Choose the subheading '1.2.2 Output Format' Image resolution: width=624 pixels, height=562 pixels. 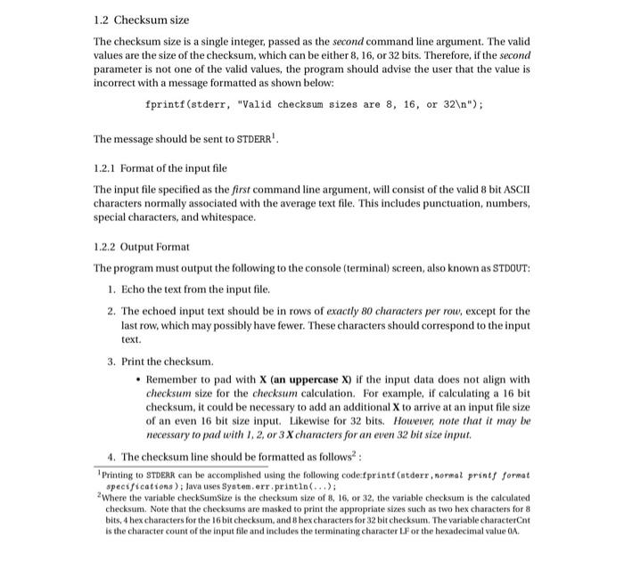coord(142,246)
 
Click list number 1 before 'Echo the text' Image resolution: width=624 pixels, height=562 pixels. coord(110,289)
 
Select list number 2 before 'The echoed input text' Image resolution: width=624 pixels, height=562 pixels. coord(110,311)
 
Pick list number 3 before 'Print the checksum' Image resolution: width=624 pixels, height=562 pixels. coord(110,362)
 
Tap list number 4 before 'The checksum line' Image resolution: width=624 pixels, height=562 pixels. coord(110,455)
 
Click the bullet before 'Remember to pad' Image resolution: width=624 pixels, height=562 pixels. coord(135,379)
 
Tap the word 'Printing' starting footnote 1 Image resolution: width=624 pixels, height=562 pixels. coord(119,476)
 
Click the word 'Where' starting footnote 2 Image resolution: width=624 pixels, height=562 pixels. coord(115,497)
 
